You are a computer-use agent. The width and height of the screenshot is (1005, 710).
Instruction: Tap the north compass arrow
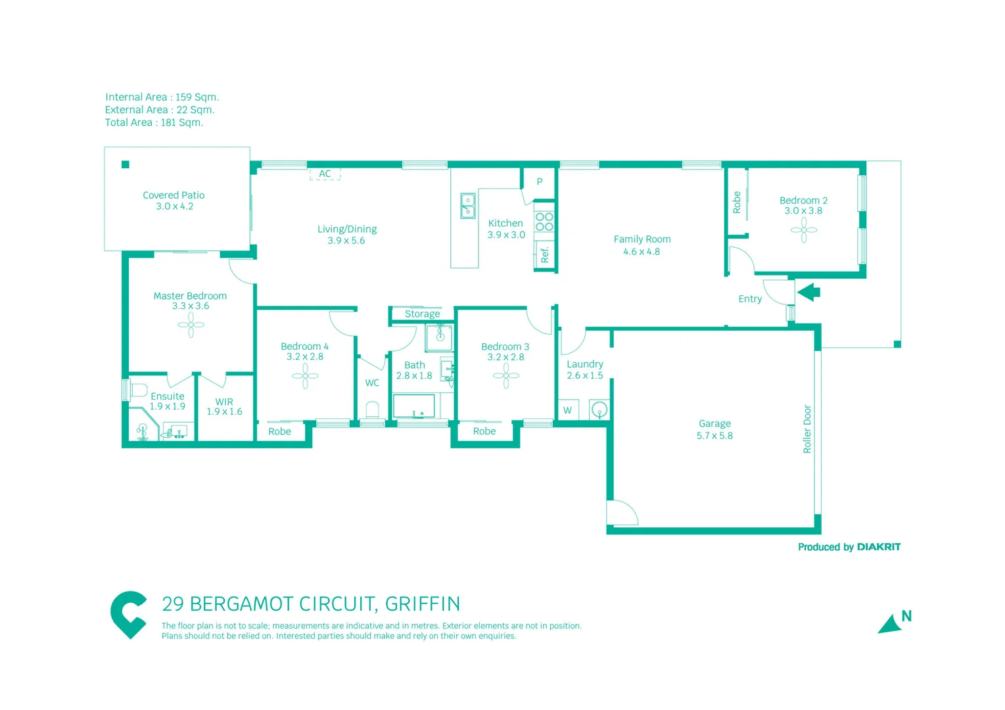coord(891,624)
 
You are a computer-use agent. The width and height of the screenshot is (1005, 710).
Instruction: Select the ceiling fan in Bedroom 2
coord(803,230)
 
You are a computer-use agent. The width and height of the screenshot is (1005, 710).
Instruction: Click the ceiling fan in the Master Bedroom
coord(191,325)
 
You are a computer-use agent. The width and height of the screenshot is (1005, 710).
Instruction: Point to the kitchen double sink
coord(467,206)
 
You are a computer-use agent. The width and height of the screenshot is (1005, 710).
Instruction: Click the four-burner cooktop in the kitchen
coord(544,222)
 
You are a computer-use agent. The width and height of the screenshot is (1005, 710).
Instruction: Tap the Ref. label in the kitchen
coord(544,254)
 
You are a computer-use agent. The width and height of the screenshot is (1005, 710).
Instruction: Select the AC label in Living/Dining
coord(325,174)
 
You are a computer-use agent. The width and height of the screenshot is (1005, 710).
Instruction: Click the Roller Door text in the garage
coord(807,429)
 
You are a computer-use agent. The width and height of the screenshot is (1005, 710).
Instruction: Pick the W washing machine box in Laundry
coord(568,410)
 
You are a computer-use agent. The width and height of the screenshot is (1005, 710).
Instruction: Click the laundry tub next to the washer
coord(599,410)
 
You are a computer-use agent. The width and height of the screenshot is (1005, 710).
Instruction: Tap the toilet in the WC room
coord(372,410)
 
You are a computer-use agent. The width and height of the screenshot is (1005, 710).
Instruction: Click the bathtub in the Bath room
coord(413,406)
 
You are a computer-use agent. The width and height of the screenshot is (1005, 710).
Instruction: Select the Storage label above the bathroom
coord(422,314)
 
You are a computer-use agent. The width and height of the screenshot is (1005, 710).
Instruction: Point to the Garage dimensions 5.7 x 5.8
coord(714,435)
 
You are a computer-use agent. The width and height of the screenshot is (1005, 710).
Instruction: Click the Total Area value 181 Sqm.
coord(182,122)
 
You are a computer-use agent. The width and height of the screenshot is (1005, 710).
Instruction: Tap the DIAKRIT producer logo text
coord(879,547)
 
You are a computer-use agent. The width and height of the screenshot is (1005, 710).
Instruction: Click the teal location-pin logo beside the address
coord(128,614)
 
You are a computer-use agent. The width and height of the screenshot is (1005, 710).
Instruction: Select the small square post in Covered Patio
coord(126,164)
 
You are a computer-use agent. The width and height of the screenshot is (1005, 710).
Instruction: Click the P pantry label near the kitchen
coord(540,181)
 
